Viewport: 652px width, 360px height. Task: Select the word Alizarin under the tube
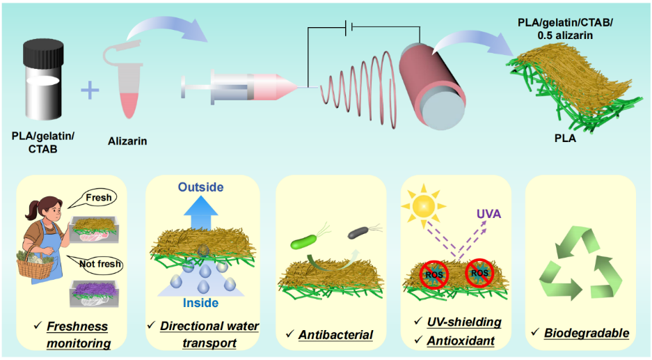[127, 141]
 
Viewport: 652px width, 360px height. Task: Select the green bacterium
[304, 242]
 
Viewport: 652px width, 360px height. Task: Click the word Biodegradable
[586, 334]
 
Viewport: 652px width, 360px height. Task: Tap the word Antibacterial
[335, 335]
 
